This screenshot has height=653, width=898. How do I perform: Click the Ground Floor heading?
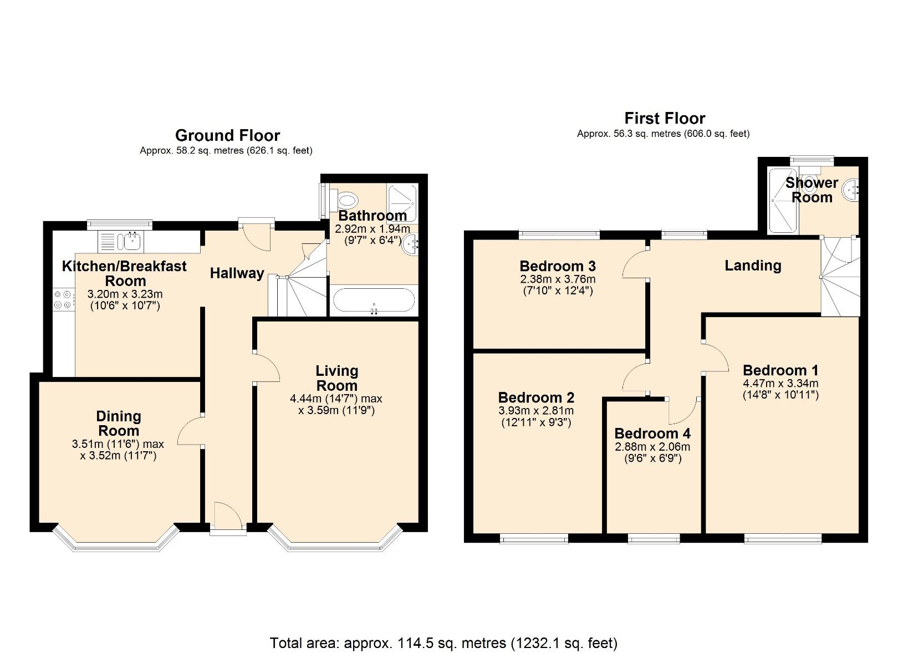coord(227,135)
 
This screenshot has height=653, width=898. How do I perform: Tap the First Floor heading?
coord(664,118)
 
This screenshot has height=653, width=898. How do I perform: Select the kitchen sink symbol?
coord(132,241)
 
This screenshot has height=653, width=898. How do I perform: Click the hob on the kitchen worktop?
coord(63,300)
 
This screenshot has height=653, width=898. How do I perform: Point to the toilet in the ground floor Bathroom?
coord(346,199)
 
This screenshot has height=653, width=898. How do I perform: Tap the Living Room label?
coord(336,378)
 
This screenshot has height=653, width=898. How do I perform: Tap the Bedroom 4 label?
coord(652,433)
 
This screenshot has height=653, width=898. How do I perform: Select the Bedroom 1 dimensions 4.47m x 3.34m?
coord(780,383)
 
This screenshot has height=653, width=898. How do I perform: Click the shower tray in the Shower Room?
coord(783,201)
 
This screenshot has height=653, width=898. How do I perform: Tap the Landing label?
coord(753,266)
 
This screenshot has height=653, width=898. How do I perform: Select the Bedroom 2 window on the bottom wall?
coord(534,538)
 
